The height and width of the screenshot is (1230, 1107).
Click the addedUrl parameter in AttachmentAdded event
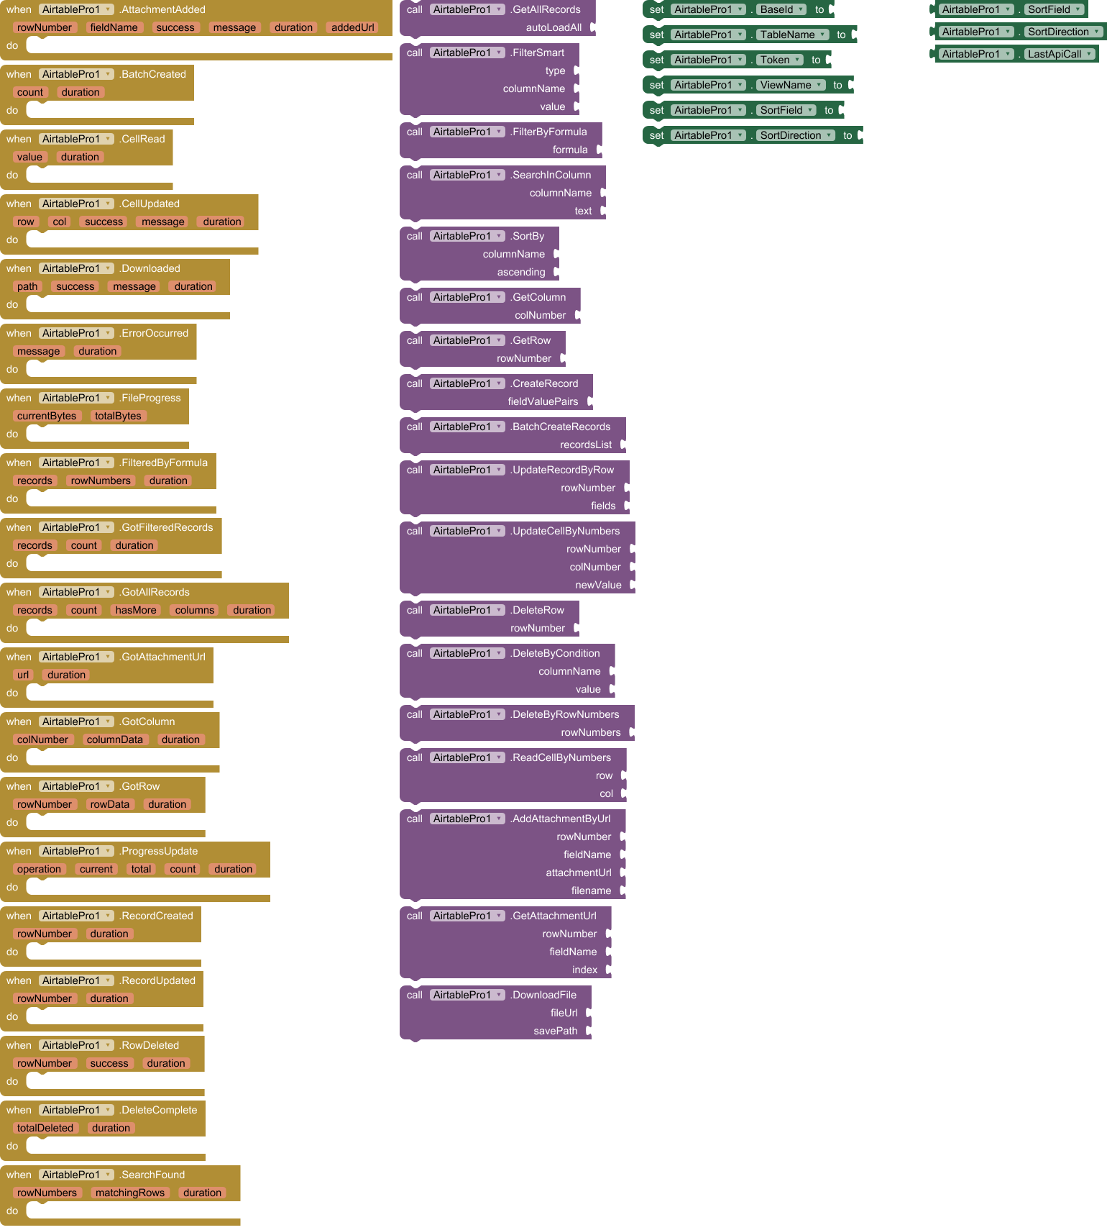pyautogui.click(x=352, y=27)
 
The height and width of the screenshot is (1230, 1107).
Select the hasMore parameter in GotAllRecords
pyautogui.click(x=135, y=610)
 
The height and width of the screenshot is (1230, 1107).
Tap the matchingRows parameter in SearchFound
pyautogui.click(x=129, y=1193)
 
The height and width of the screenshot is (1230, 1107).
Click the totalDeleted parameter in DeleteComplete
pyautogui.click(x=45, y=1128)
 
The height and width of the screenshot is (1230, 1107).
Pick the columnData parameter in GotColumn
pyautogui.click(x=114, y=739)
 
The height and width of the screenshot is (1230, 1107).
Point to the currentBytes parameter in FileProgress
pyautogui.click(x=46, y=416)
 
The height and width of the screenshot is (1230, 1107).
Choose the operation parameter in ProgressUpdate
pyautogui.click(x=39, y=869)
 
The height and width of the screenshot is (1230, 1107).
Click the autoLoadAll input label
pyautogui.click(x=553, y=27)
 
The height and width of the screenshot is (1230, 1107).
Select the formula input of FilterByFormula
pyautogui.click(x=570, y=150)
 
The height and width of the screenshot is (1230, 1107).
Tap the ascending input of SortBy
pyautogui.click(x=521, y=272)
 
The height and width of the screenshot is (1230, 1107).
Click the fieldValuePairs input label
pyautogui.click(x=543, y=401)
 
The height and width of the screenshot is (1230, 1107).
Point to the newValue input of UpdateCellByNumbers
pyautogui.click(x=598, y=585)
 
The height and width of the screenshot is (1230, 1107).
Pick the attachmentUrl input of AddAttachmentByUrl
pyautogui.click(x=578, y=873)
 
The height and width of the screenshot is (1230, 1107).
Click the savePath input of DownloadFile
pyautogui.click(x=555, y=1031)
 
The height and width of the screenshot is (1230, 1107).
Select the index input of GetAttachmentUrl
pyautogui.click(x=584, y=970)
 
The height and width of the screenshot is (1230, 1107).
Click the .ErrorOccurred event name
pyautogui.click(x=154, y=333)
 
